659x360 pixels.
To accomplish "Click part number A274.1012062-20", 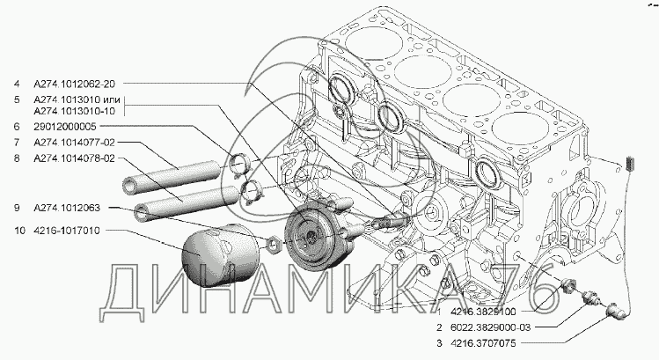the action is pyautogui.click(x=74, y=84).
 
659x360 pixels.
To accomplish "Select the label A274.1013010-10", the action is pyautogui.click(x=74, y=111).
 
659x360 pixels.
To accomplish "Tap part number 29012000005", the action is pyautogui.click(x=65, y=127).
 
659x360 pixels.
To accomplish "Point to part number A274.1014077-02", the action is pyautogui.click(x=74, y=143).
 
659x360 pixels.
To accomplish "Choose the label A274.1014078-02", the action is pyautogui.click(x=74, y=158).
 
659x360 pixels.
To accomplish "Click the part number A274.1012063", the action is pyautogui.click(x=67, y=208).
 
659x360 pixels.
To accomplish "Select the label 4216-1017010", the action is pyautogui.click(x=67, y=231).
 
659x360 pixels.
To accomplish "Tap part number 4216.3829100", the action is pyautogui.click(x=483, y=312).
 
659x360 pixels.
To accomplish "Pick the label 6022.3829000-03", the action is pyautogui.click(x=490, y=327).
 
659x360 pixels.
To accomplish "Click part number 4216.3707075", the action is pyautogui.click(x=483, y=343).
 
